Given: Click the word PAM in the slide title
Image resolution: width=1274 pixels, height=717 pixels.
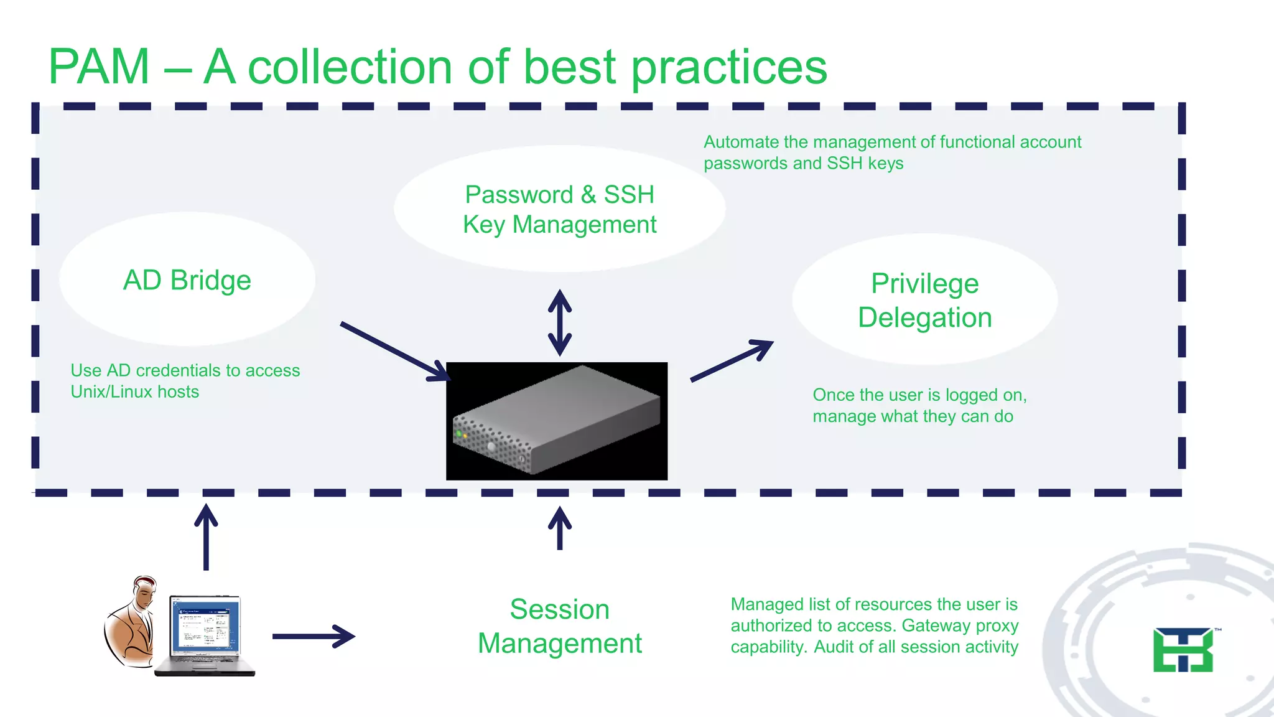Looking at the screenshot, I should click(100, 67).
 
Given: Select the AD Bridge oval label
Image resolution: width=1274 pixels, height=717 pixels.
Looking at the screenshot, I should click(187, 280).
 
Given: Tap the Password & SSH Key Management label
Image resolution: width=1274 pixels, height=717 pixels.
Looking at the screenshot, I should click(559, 209).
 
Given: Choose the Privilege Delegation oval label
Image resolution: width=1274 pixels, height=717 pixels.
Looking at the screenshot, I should click(924, 300).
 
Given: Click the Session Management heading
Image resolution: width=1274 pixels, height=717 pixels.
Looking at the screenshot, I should click(559, 626).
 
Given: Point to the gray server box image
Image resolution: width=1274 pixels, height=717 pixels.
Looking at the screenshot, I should click(557, 421).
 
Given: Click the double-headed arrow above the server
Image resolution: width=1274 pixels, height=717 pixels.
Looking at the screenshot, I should click(560, 322).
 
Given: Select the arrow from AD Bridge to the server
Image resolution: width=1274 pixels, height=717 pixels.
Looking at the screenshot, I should click(394, 351).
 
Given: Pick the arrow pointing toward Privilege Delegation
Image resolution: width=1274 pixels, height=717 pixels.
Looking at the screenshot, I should click(732, 360).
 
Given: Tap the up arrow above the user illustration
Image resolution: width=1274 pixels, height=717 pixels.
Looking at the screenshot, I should click(206, 536).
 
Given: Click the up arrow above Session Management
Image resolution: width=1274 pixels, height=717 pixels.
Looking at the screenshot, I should click(560, 528).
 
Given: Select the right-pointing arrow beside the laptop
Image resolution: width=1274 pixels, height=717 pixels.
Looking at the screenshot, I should click(314, 636).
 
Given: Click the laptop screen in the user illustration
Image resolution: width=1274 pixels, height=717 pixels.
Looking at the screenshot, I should click(205, 626).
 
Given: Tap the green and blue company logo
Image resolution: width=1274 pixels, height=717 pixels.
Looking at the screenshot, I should click(1183, 650).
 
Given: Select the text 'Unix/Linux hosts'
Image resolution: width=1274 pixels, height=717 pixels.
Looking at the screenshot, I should click(135, 391).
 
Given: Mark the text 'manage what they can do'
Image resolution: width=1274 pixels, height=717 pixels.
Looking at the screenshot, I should click(913, 416).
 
